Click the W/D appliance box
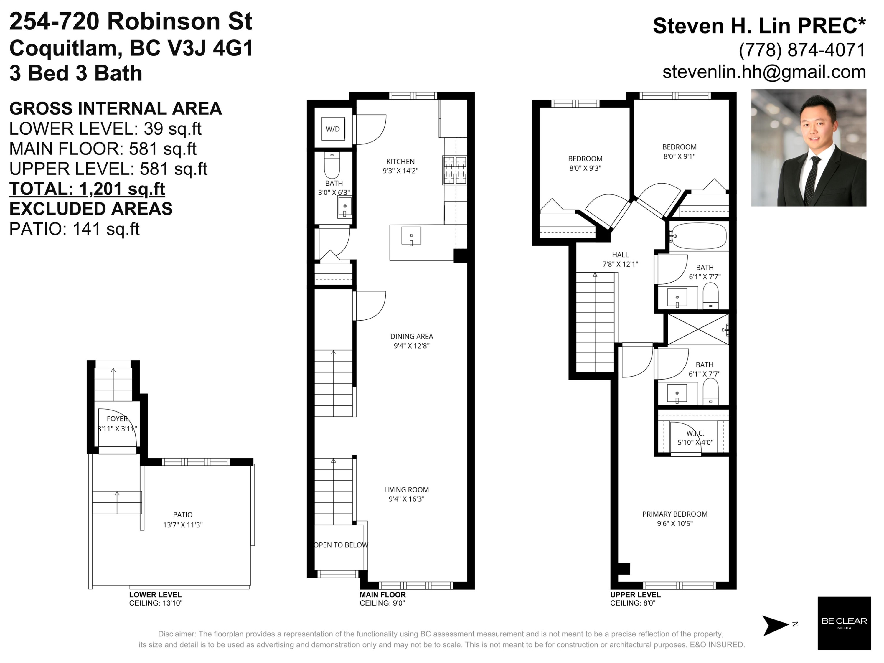pos(333,129)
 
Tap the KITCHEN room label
pos(400,161)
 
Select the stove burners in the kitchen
pos(455,170)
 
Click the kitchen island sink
pos(411,236)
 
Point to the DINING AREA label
pos(412,337)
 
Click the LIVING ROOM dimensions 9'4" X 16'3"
pos(406,499)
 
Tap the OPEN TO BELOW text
pos(341,545)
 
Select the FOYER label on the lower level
pos(117,419)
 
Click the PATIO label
pos(183,515)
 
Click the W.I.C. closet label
pos(695,433)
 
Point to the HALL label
pos(620,255)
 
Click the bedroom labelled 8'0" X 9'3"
pos(585,164)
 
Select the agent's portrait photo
pos(809,148)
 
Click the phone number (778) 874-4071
pos(802,50)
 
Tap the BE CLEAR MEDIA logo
pos(844,623)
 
